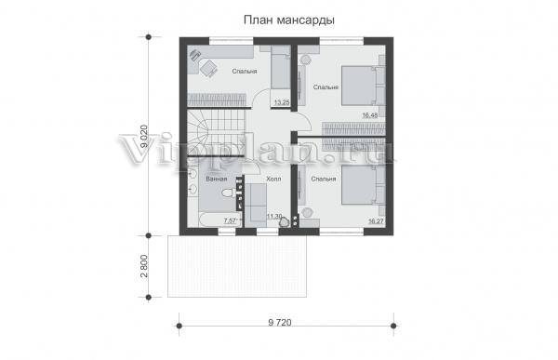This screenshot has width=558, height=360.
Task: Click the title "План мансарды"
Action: click(x=288, y=20)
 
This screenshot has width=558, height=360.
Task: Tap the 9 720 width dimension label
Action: click(x=280, y=322)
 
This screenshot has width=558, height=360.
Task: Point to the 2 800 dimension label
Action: click(x=144, y=266)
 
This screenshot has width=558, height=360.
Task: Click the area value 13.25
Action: click(x=282, y=102)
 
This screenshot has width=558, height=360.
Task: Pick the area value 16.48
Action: click(x=370, y=115)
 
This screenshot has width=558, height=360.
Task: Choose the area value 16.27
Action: click(x=376, y=221)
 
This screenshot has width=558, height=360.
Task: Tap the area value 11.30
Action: click(x=274, y=216)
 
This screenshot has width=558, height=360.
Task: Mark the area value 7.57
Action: click(x=231, y=220)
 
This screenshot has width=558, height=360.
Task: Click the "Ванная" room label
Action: click(x=216, y=180)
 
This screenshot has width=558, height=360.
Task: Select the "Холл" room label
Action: click(x=273, y=179)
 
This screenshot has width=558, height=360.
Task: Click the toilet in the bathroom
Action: click(x=227, y=193)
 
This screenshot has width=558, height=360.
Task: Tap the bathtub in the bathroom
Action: click(x=212, y=220)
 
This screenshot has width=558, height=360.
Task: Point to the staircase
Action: click(x=217, y=132)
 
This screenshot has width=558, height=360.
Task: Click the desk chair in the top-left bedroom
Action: click(x=208, y=67)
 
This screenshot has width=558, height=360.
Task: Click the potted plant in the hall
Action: click(x=284, y=220)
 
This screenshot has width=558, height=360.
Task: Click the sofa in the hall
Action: click(x=255, y=205)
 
